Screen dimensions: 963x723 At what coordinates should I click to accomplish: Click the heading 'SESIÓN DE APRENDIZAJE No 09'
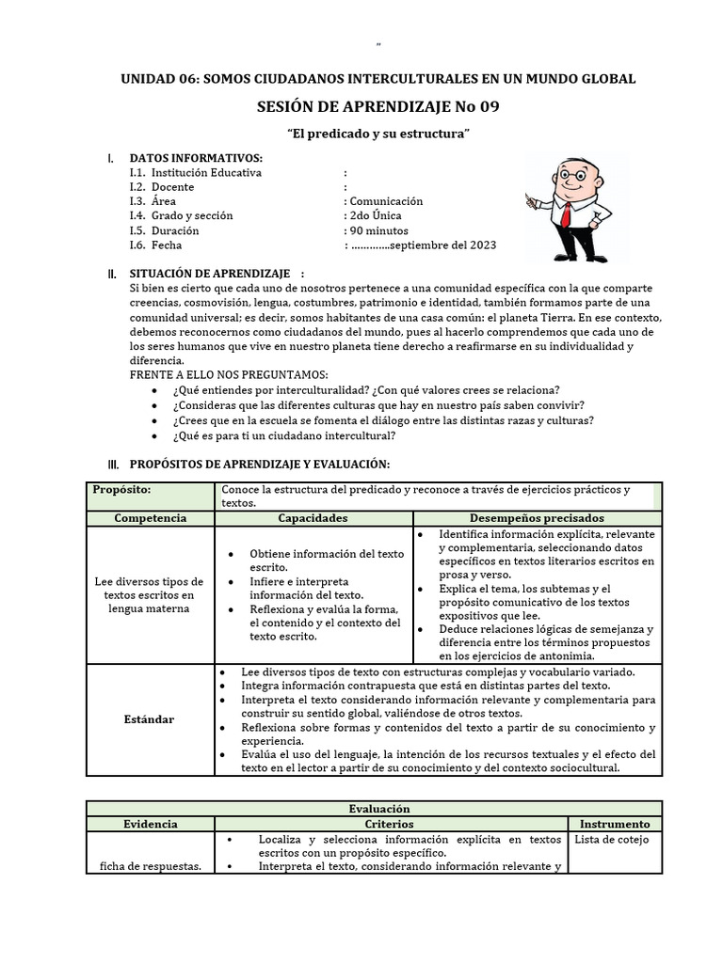pyautogui.click(x=378, y=107)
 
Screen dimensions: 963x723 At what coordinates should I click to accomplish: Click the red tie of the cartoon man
pyautogui.click(x=565, y=213)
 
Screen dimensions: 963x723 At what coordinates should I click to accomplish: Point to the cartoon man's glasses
pyautogui.click(x=568, y=174)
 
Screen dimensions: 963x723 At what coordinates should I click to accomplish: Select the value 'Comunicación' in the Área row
pyautogui.click(x=386, y=201)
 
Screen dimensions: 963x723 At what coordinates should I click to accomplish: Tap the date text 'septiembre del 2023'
pyautogui.click(x=442, y=245)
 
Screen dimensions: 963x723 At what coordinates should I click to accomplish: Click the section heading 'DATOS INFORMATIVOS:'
pyautogui.click(x=196, y=158)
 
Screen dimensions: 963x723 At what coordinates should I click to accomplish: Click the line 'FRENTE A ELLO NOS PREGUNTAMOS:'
pyautogui.click(x=229, y=375)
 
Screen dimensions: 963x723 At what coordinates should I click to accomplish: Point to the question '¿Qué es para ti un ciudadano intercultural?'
pyautogui.click(x=283, y=436)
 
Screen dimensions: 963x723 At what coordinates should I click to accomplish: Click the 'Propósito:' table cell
pyautogui.click(x=121, y=490)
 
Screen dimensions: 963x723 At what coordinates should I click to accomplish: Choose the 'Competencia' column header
pyautogui.click(x=151, y=518)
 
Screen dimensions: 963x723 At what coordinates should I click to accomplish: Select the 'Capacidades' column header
pyautogui.click(x=313, y=518)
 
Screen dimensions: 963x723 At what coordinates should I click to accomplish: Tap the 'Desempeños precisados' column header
pyautogui.click(x=537, y=518)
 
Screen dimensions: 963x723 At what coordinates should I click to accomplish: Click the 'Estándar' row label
pyautogui.click(x=151, y=719)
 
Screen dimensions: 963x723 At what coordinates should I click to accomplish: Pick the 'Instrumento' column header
pyautogui.click(x=615, y=824)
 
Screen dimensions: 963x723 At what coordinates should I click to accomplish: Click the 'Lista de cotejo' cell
pyautogui.click(x=612, y=840)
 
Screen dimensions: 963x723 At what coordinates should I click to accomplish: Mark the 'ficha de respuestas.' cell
pyautogui.click(x=151, y=866)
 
